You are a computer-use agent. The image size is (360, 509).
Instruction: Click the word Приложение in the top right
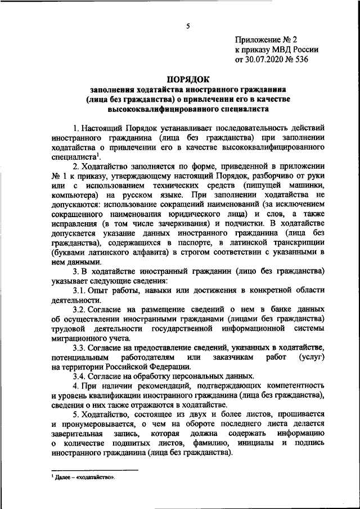coord(258,40)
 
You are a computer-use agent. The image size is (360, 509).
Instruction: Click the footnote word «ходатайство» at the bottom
coord(96,478)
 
